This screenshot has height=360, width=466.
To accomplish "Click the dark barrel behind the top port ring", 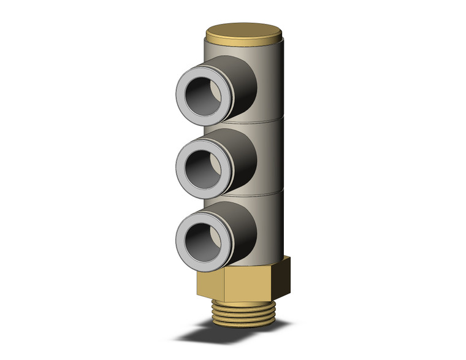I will click(242, 83).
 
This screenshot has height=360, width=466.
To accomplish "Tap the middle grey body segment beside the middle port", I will click(270, 156).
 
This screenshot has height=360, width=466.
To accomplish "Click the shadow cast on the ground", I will click(196, 334).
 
